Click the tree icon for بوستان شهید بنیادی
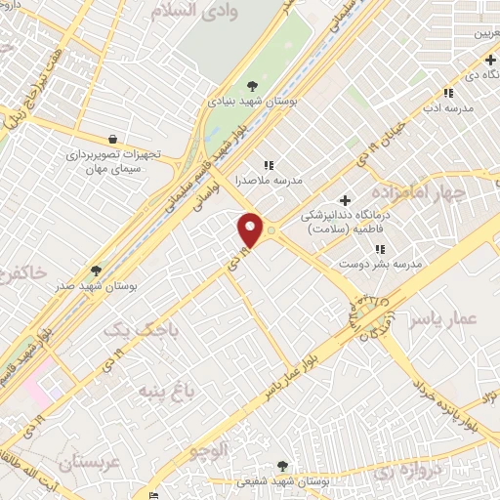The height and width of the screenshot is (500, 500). [253, 85]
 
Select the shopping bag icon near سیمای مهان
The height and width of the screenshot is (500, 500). [114, 140]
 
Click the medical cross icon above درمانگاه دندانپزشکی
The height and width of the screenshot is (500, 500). [345, 200]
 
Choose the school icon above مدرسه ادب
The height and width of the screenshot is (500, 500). [447, 93]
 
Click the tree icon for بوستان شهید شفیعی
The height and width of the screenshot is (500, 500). [283, 466]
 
